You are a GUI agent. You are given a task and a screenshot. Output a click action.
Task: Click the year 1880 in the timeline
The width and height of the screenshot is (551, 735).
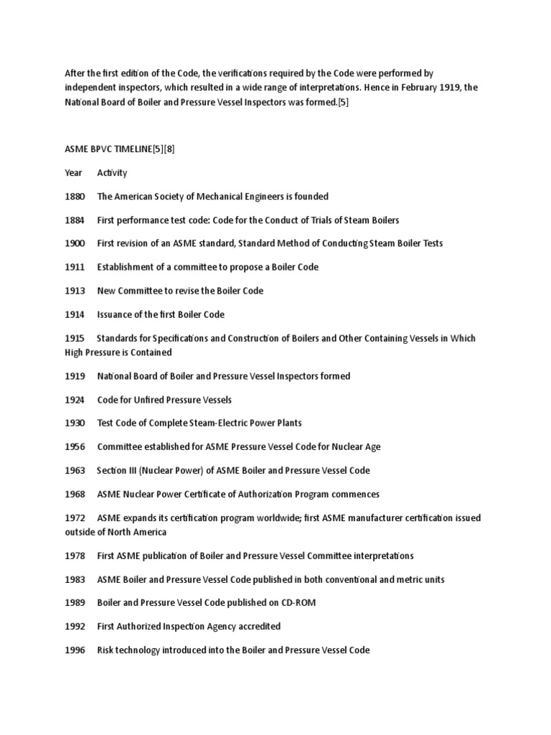click(x=75, y=196)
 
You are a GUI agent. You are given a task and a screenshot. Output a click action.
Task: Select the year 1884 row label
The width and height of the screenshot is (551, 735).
click(x=75, y=220)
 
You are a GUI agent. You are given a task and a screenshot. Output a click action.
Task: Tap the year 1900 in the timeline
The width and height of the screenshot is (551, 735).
click(x=75, y=243)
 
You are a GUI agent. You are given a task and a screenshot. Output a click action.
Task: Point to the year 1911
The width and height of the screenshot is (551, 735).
click(x=75, y=267)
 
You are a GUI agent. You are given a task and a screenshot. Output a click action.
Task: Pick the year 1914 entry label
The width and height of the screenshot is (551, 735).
click(x=75, y=314)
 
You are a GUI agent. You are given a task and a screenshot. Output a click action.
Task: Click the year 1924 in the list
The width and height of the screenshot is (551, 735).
click(x=75, y=399)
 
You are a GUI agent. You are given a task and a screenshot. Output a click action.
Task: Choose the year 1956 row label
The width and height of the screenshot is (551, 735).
click(x=75, y=446)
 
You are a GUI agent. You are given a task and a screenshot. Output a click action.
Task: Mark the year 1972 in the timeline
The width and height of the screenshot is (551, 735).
click(x=75, y=518)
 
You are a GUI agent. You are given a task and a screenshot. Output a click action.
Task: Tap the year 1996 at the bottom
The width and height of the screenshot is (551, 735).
click(x=75, y=650)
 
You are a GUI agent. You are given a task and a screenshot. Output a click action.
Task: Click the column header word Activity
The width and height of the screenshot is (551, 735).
click(x=112, y=173)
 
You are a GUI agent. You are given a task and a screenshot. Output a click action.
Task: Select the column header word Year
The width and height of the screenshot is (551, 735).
click(x=73, y=173)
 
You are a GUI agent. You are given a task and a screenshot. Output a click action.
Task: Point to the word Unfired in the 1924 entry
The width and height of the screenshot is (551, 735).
click(x=146, y=399)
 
